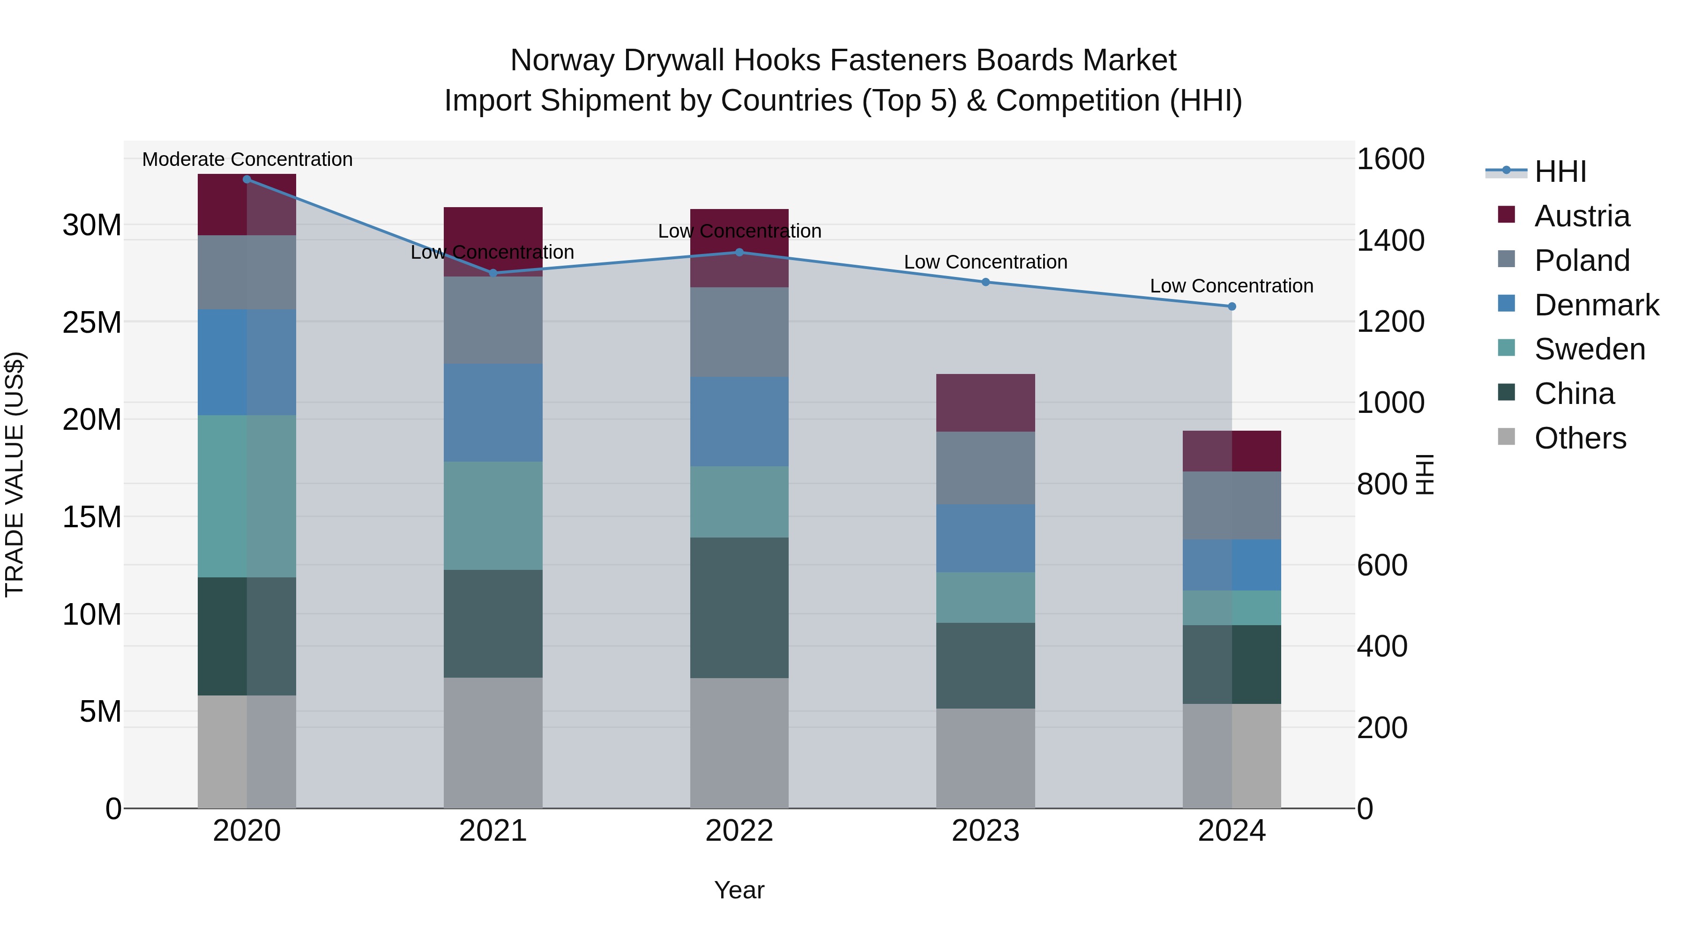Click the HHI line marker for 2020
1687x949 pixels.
click(x=247, y=179)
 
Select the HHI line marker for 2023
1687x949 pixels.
click(x=985, y=282)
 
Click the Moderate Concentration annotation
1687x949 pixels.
click(x=247, y=159)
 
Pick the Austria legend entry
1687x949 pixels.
click(x=1581, y=216)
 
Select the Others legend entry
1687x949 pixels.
click(x=1580, y=438)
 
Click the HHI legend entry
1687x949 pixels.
click(x=1560, y=172)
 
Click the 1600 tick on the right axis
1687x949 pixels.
click(x=1390, y=159)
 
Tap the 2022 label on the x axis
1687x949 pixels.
click(x=739, y=831)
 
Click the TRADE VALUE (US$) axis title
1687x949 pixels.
click(x=15, y=474)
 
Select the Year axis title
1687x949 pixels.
click(x=739, y=890)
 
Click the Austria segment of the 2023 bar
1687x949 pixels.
click(x=985, y=403)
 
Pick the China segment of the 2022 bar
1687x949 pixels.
click(x=739, y=608)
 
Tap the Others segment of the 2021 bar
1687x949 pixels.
click(x=493, y=743)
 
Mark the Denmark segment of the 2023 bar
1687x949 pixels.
click(x=985, y=538)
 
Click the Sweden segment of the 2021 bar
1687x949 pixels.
click(x=493, y=516)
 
